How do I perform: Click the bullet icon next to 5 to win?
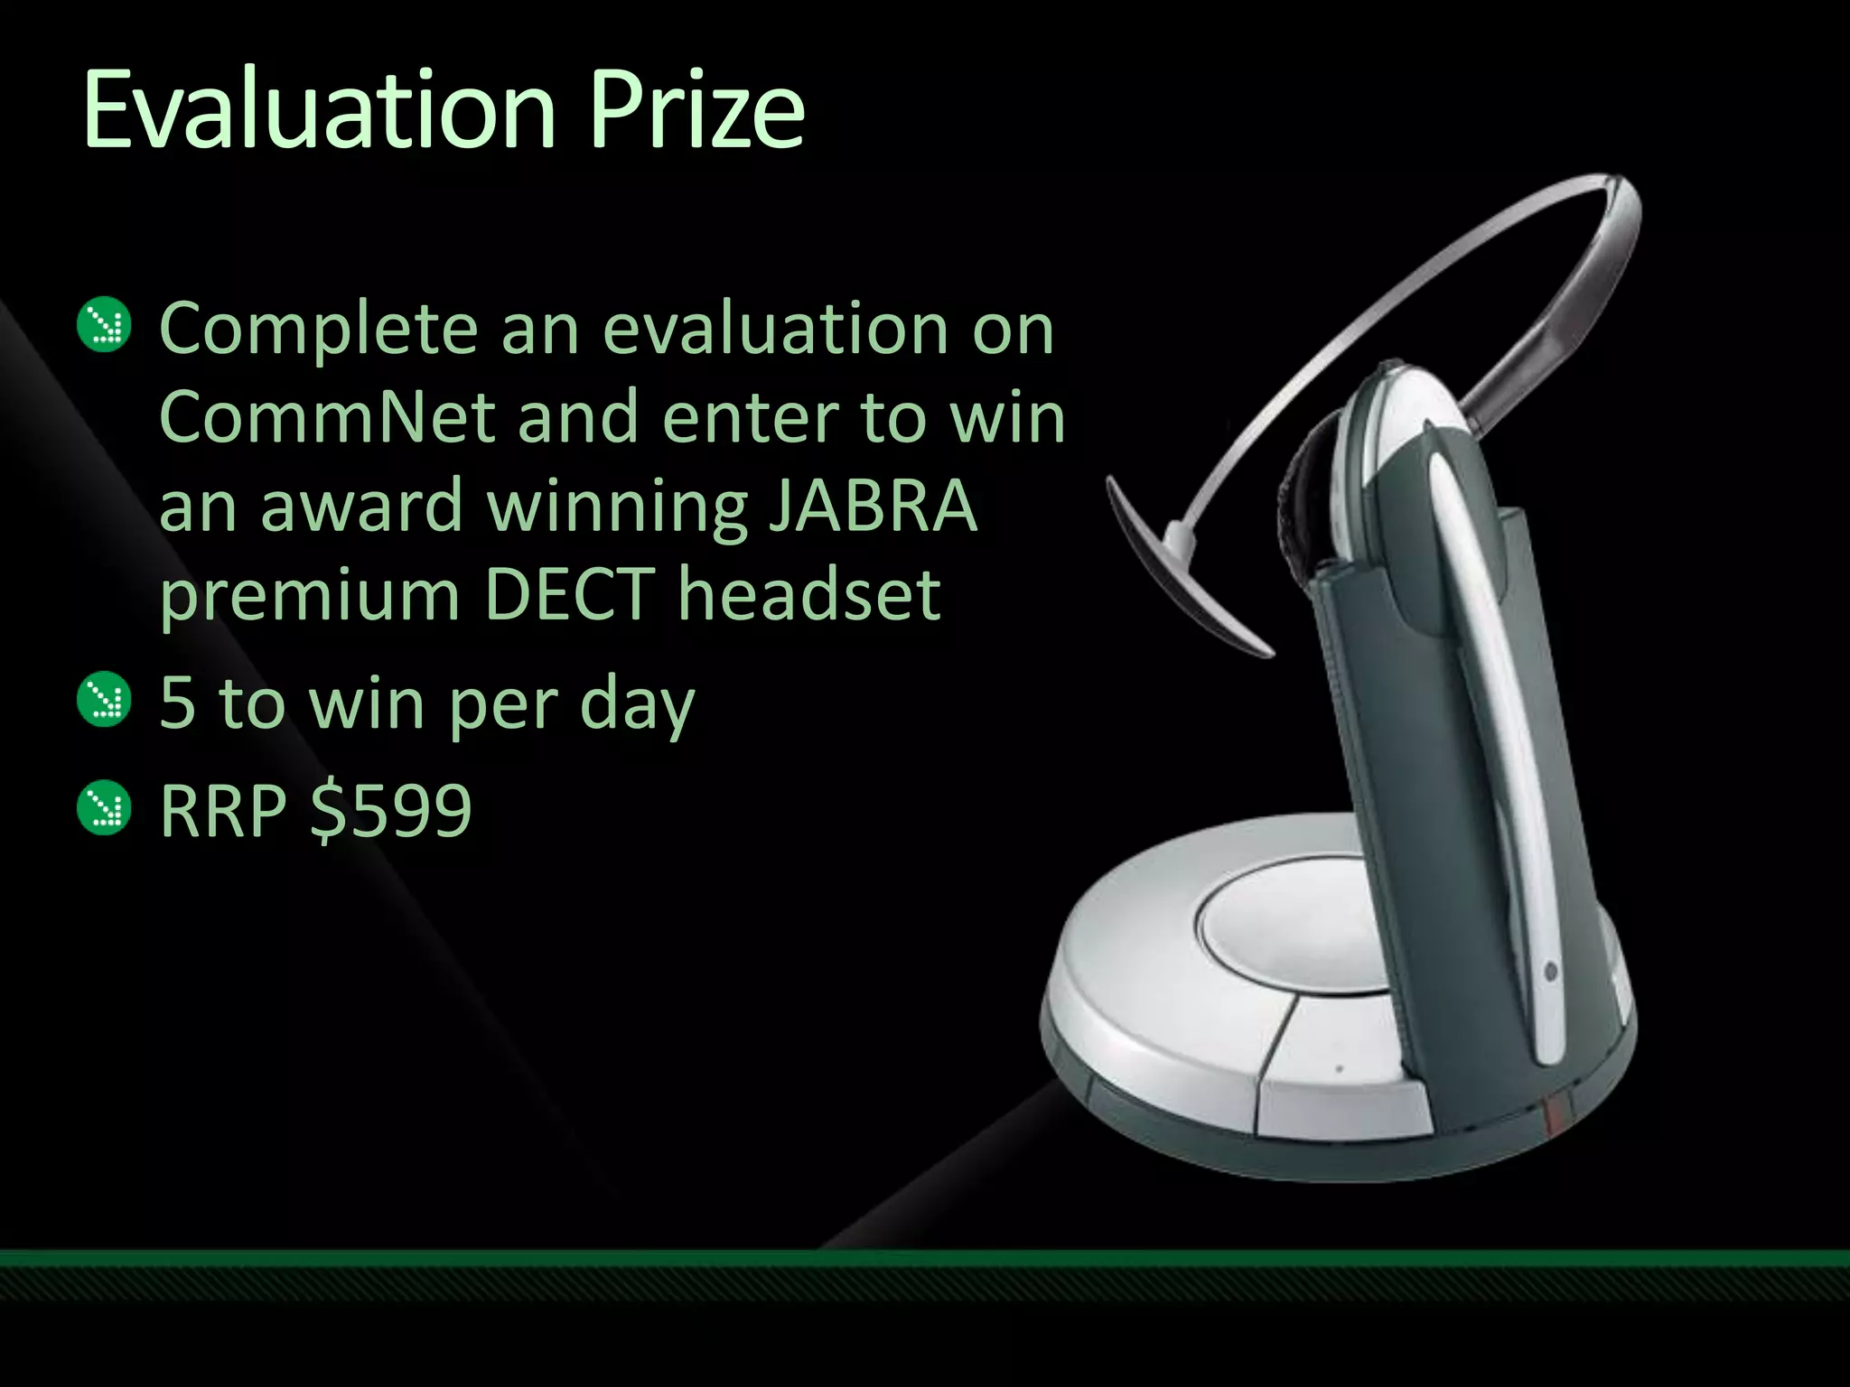click(x=105, y=699)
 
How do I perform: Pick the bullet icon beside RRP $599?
click(x=105, y=807)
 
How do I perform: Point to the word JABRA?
click(x=873, y=506)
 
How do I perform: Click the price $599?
click(x=390, y=810)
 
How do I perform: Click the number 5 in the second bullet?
click(x=177, y=703)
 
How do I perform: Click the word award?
click(x=361, y=506)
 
